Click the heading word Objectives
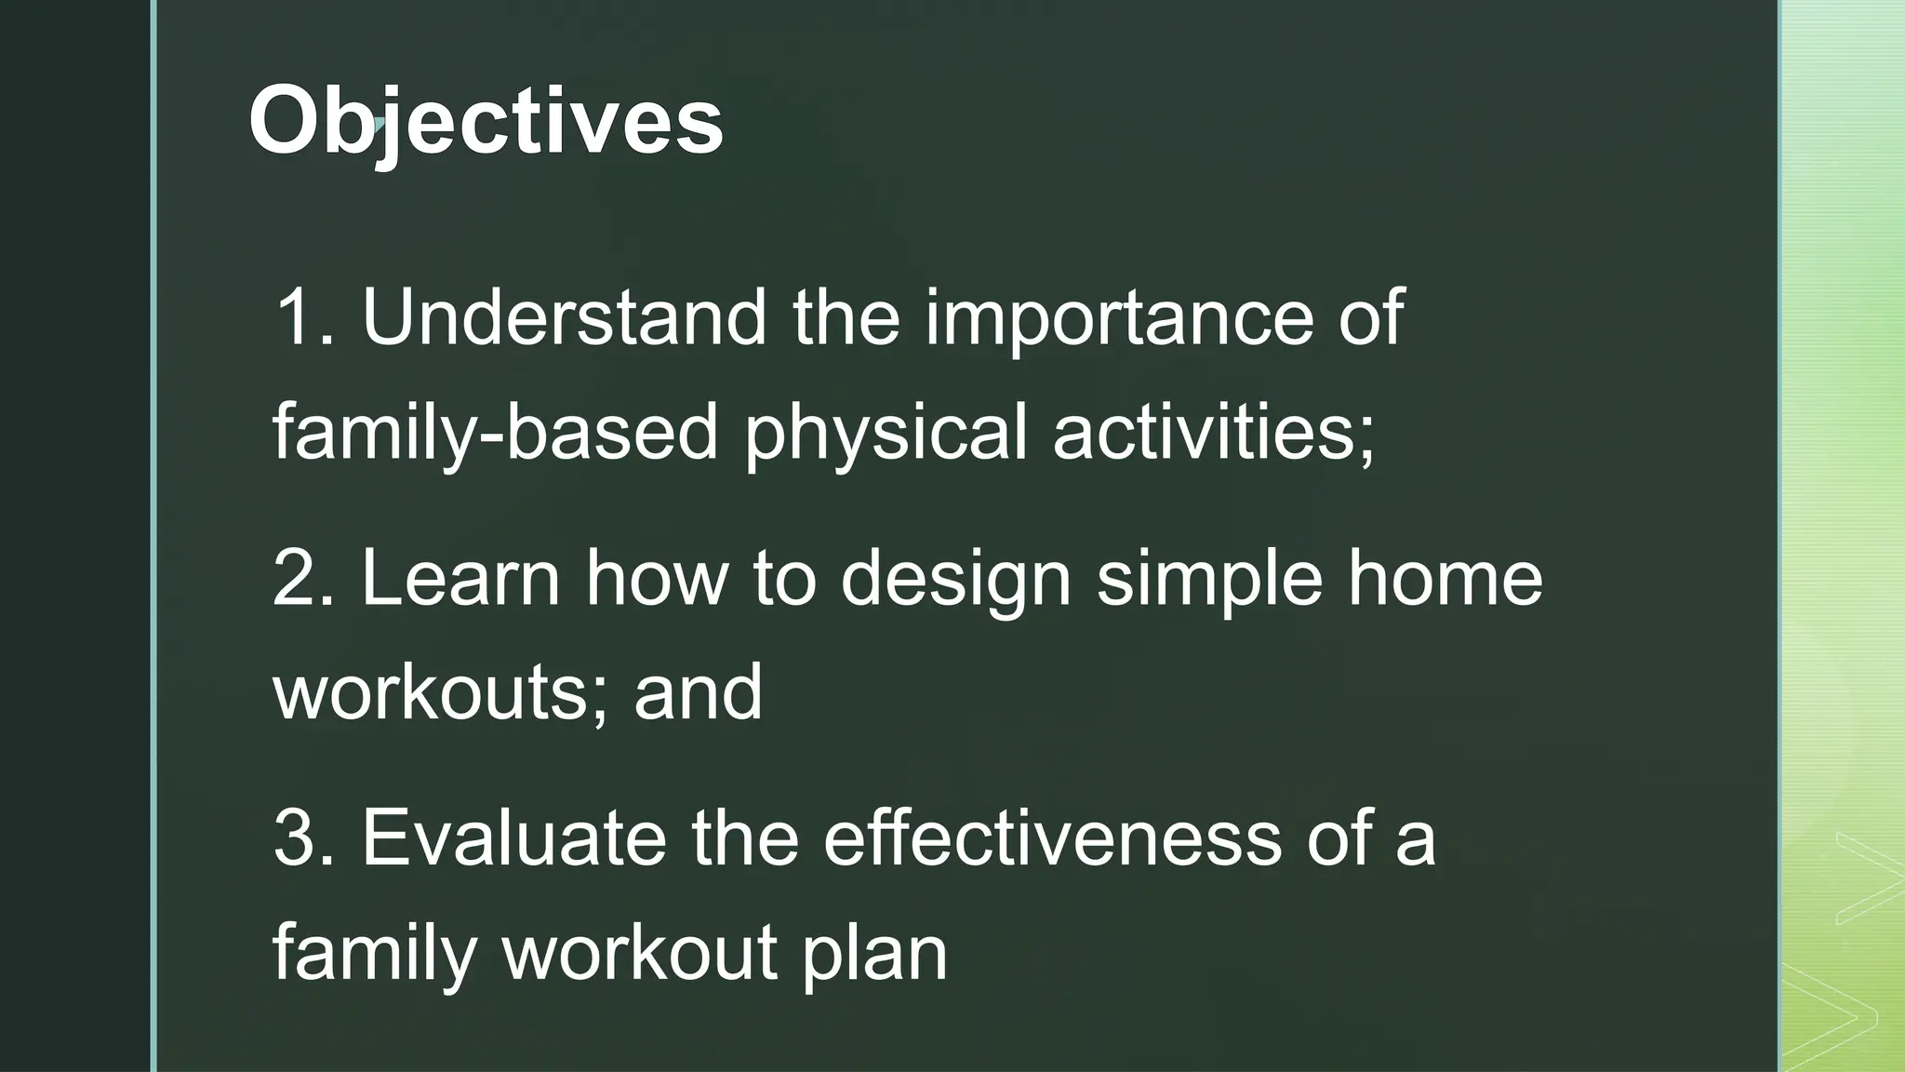coord(486,122)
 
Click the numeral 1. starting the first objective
coord(302,317)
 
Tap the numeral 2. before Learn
coord(302,578)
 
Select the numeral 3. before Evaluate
coord(302,838)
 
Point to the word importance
coord(1119,317)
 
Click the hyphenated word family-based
coord(495,432)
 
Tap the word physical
coord(886,432)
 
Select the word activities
coord(1212,432)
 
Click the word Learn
coord(461,578)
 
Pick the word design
coord(956,578)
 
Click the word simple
coord(1209,578)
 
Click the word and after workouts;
coord(698,692)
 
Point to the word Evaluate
coord(513,838)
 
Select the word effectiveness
coord(1052,838)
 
